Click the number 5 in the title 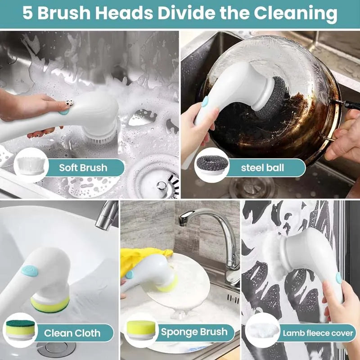[x=28, y=14]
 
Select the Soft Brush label [x=83, y=168]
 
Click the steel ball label [x=262, y=168]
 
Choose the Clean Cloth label [x=72, y=333]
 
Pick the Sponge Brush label [x=194, y=333]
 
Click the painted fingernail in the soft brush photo [x=66, y=105]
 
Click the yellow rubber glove [x=139, y=261]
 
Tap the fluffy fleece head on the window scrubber [x=274, y=252]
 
